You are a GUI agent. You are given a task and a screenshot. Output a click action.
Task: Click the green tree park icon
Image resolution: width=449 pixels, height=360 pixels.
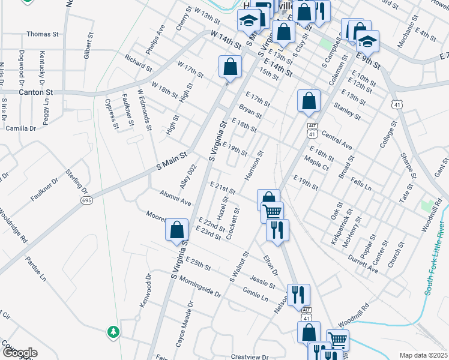pos(113,331)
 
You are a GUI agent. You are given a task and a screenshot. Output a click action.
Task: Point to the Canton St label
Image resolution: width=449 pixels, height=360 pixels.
pos(36,92)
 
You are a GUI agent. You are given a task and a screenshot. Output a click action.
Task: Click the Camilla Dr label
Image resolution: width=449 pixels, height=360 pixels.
pos(21,128)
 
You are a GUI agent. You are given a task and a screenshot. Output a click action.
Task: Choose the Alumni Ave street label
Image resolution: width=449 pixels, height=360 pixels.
pos(175,197)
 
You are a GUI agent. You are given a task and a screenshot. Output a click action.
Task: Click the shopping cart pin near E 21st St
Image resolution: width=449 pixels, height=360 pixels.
pos(273,211)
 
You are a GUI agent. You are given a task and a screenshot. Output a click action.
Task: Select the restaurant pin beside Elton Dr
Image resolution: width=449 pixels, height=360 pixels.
pos(277,229)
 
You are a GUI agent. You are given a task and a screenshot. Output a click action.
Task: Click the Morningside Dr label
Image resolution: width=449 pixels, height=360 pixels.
pos(196,288)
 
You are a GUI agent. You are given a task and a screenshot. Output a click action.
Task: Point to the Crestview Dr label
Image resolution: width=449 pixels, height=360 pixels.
pos(250,356)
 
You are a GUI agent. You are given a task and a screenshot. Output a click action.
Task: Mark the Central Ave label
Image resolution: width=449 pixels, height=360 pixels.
pos(337,139)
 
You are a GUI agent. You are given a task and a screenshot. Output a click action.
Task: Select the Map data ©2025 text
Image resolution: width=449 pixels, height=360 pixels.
pos(423,355)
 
